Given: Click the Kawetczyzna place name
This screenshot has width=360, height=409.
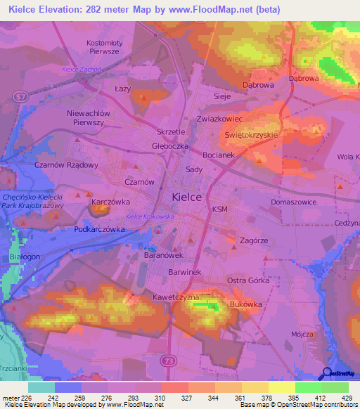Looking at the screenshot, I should [x=176, y=297].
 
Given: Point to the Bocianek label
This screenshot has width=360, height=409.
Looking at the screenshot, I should [x=218, y=155].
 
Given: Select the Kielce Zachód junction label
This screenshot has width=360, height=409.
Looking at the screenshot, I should [x=81, y=70].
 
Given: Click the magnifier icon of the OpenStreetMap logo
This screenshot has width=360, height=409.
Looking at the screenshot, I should [x=326, y=373].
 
